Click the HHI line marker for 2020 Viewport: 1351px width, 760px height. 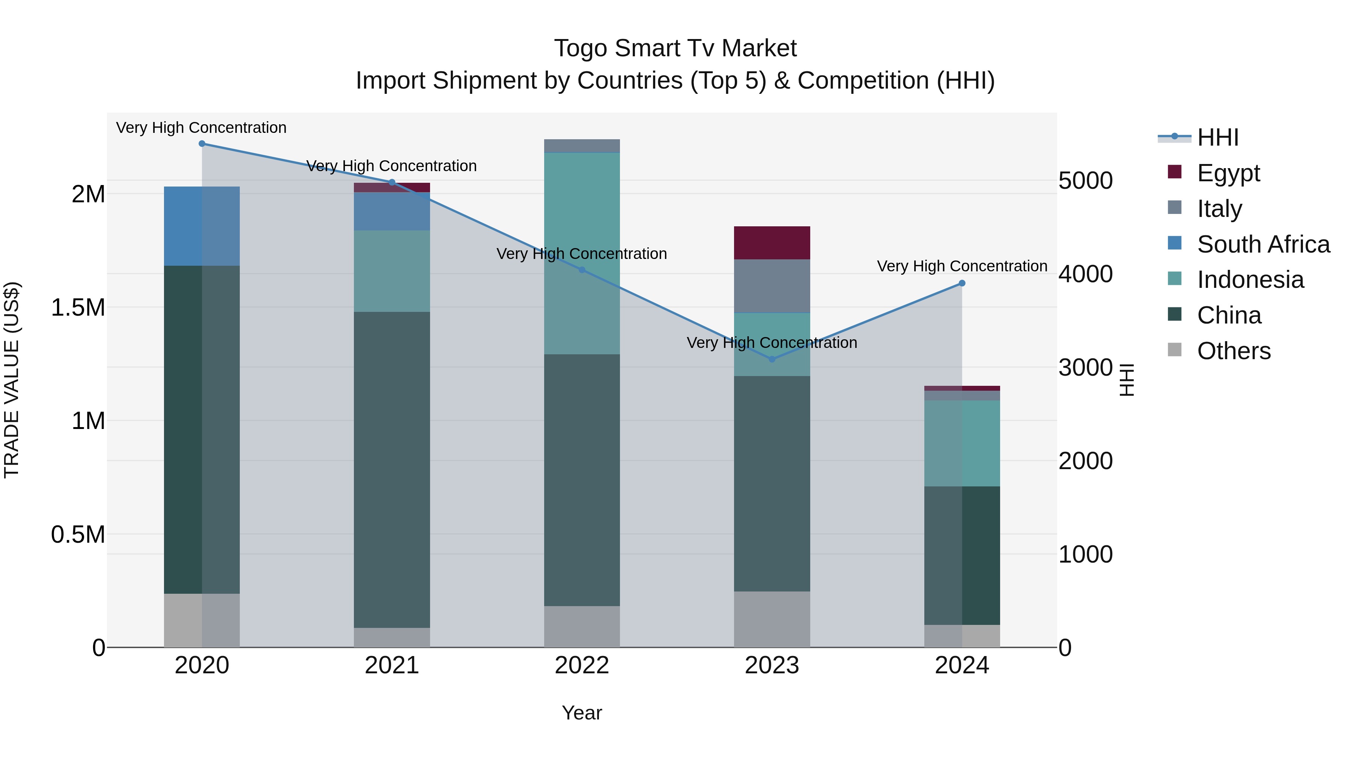[x=202, y=144]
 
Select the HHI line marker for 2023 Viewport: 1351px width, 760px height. [x=772, y=359]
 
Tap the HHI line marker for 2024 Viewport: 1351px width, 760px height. [x=962, y=283]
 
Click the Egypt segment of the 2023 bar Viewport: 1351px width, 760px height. [x=772, y=243]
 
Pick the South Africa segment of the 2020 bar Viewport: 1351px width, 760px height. [x=202, y=226]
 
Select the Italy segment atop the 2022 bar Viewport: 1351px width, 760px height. [x=582, y=146]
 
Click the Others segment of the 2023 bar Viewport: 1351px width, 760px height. [x=772, y=619]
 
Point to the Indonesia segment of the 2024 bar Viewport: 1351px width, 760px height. [x=962, y=443]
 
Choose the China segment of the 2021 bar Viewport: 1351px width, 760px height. [x=392, y=470]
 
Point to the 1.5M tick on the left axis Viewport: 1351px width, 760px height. [x=78, y=307]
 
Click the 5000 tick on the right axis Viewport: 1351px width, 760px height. [x=1085, y=181]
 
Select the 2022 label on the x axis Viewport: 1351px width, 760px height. [x=582, y=665]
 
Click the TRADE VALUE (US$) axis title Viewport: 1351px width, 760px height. [x=12, y=380]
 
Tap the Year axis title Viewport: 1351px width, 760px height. [x=582, y=713]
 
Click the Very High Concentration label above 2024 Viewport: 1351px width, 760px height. [x=962, y=266]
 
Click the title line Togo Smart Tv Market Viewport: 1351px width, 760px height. [x=675, y=48]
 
